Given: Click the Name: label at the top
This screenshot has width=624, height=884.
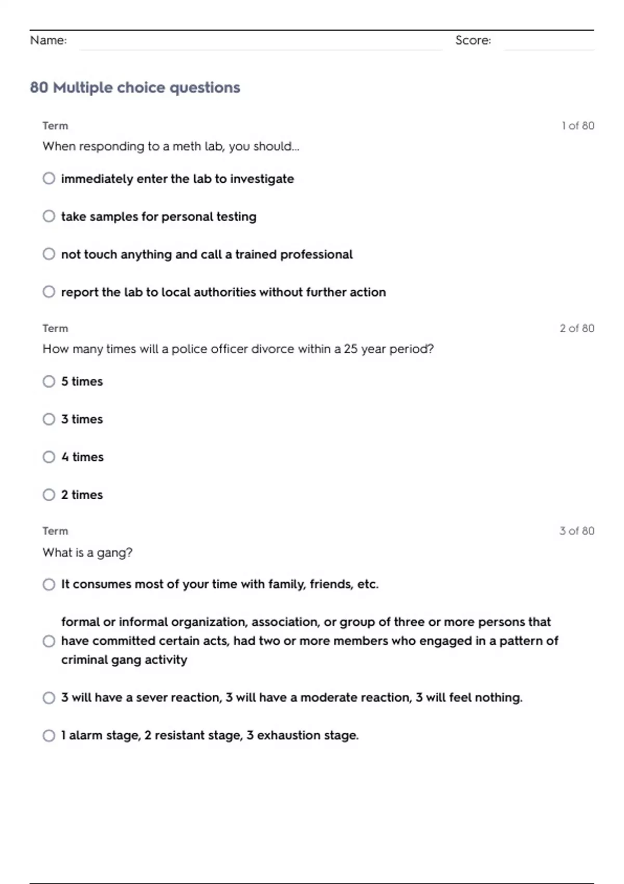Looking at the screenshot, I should (48, 40).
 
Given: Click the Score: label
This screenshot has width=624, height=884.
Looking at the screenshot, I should (473, 40).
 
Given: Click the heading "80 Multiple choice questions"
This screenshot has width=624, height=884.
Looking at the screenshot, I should (135, 87).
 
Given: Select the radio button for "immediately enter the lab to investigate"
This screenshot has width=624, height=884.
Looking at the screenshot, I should (49, 178).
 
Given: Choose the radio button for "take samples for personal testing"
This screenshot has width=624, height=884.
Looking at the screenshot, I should (49, 216).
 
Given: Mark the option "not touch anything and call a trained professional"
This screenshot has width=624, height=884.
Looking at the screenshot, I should (49, 254).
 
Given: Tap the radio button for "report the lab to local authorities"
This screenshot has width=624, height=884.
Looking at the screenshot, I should (49, 292).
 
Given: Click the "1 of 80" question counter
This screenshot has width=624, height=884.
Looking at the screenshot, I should (578, 126).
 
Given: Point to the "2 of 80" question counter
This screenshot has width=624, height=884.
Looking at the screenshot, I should (577, 328).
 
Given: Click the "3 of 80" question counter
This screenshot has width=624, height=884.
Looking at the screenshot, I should (577, 531).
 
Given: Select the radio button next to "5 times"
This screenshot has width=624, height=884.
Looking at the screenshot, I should (49, 381).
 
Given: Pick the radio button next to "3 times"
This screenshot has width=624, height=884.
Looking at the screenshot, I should (49, 419).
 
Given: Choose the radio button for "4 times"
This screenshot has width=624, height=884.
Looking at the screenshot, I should (49, 457).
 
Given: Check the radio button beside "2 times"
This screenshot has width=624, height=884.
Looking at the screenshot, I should (49, 495).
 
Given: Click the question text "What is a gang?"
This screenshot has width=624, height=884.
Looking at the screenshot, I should (87, 552).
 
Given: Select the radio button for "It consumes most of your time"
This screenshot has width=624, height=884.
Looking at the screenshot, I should (49, 584).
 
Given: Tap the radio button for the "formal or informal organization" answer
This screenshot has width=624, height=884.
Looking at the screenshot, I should (49, 641).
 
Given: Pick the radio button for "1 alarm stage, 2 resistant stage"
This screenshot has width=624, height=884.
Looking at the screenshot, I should (49, 735).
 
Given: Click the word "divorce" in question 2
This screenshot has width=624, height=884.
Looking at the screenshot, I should (272, 349).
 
